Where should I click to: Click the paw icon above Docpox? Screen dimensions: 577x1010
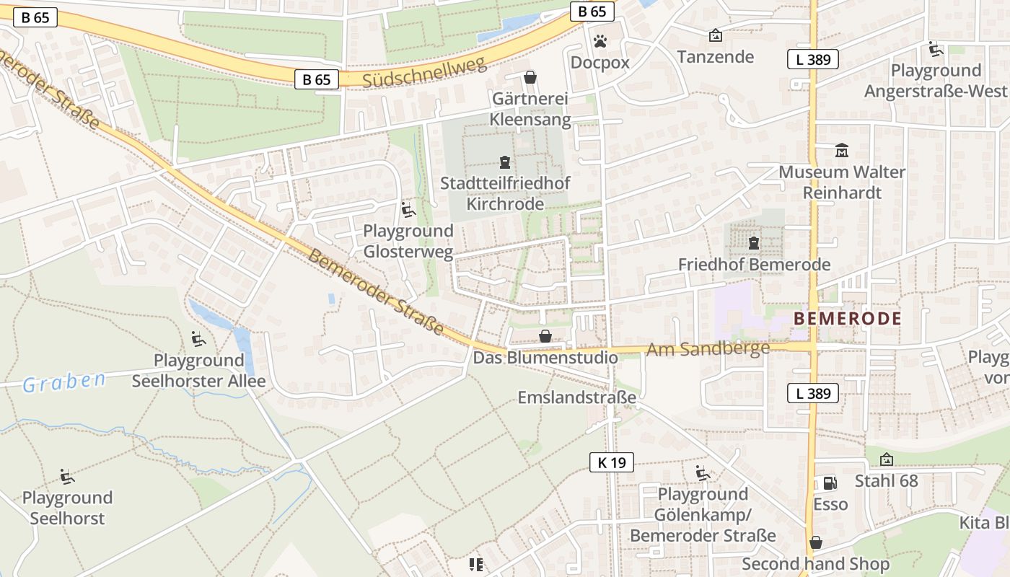pyautogui.click(x=600, y=40)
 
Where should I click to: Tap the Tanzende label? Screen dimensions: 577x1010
pyautogui.click(x=715, y=56)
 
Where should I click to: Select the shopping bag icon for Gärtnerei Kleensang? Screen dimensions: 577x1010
pyautogui.click(x=530, y=77)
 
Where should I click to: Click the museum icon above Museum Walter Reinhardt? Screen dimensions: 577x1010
pyautogui.click(x=842, y=151)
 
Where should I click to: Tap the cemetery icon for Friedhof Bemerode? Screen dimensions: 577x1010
pyautogui.click(x=754, y=244)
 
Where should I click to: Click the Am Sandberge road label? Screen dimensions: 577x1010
pyautogui.click(x=708, y=350)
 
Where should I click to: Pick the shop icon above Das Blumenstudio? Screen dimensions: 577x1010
pyautogui.click(x=545, y=336)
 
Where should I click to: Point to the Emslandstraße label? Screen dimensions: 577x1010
pyautogui.click(x=577, y=397)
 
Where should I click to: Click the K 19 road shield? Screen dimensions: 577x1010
pyautogui.click(x=611, y=462)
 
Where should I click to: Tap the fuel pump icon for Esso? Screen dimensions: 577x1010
pyautogui.click(x=830, y=483)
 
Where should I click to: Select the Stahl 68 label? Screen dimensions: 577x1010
pyautogui.click(x=886, y=480)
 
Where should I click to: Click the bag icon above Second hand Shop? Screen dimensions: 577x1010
pyautogui.click(x=816, y=542)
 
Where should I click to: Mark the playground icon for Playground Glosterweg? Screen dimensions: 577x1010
pyautogui.click(x=408, y=210)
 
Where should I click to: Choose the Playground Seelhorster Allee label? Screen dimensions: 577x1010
pyautogui.click(x=198, y=371)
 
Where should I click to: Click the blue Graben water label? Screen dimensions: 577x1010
pyautogui.click(x=63, y=382)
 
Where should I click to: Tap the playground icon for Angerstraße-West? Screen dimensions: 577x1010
pyautogui.click(x=936, y=49)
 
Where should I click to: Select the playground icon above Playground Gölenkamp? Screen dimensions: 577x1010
pyautogui.click(x=703, y=473)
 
